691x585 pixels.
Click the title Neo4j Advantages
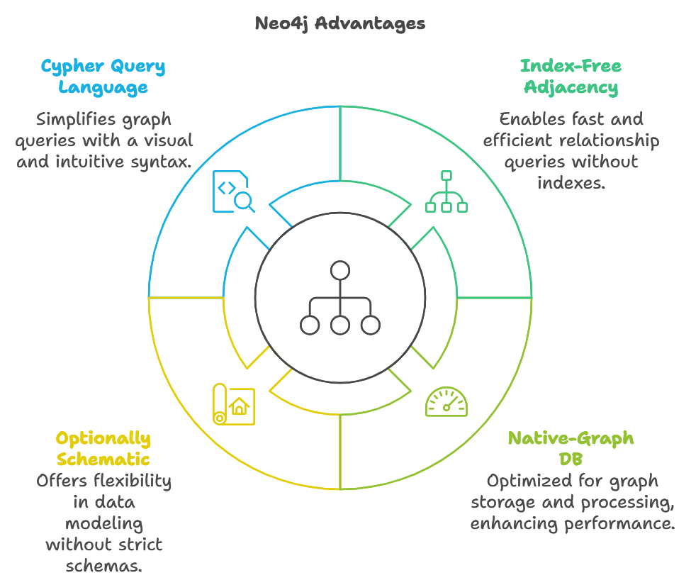340,23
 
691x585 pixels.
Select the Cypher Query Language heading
103,77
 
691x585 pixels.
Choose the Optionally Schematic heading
103,448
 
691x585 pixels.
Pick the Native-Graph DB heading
571,448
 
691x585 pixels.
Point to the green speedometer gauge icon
446,402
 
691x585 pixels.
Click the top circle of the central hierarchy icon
340,270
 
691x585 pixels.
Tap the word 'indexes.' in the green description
571,183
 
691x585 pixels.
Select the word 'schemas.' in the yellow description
103,566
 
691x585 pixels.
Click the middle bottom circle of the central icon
340,325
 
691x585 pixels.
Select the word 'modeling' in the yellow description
103,523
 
